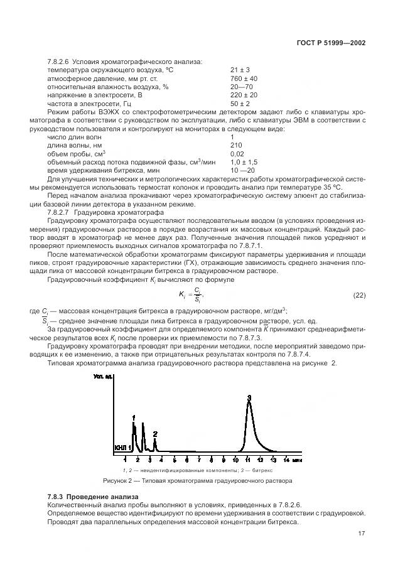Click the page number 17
pos(361,534)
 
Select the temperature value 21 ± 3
pos(240,70)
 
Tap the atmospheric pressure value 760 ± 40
pos(244,78)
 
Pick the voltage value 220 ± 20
pos(244,95)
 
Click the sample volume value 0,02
pos(237,154)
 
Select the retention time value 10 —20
pos(243,171)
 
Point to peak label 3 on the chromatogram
pos(249,398)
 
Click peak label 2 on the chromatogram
pos(155,433)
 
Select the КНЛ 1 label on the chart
pos(123,448)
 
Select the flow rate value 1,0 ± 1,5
pos(245,162)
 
